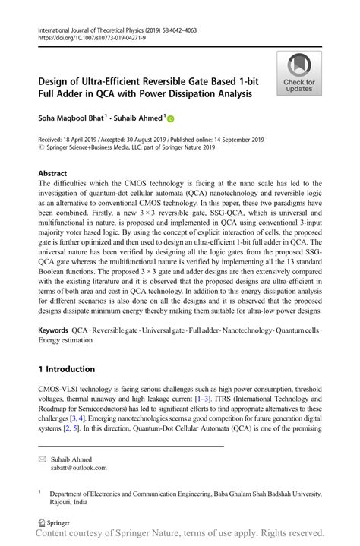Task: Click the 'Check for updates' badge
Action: pyautogui.click(x=299, y=73)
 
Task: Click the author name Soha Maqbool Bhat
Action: pyautogui.click(x=68, y=118)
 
